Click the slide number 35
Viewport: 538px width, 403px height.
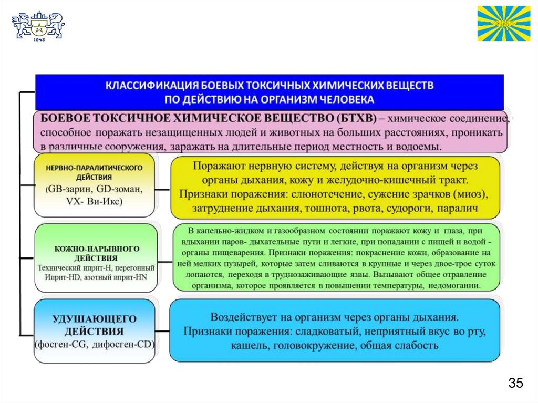515,383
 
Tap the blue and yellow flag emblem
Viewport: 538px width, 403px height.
503,23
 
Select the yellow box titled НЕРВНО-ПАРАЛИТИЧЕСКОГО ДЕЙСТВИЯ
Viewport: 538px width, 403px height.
95,185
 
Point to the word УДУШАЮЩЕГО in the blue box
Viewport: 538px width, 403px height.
95,319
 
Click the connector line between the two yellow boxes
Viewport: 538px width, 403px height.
163,189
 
